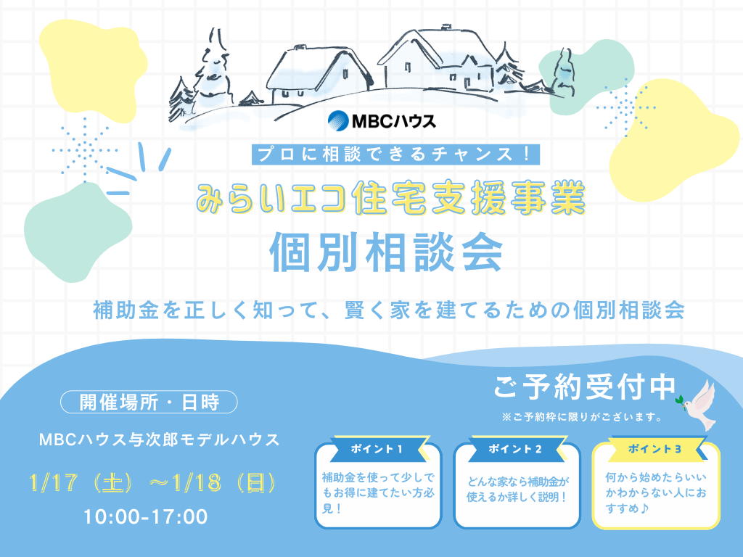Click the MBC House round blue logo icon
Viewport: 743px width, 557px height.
click(338, 121)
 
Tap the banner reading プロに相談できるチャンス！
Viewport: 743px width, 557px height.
click(395, 154)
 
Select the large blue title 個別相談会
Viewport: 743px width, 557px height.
click(386, 252)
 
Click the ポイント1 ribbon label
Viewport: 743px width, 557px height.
click(377, 448)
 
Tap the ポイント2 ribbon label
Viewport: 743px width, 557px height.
click(515, 448)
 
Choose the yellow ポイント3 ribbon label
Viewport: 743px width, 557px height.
click(655, 448)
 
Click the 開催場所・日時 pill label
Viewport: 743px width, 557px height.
click(149, 402)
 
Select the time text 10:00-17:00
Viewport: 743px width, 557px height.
click(146, 516)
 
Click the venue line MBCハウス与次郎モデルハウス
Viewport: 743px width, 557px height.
click(159, 440)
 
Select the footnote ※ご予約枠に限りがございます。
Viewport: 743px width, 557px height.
click(582, 417)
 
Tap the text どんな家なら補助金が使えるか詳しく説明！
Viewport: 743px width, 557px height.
click(517, 490)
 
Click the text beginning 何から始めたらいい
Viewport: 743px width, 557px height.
click(656, 492)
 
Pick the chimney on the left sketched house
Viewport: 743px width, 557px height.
click(300, 47)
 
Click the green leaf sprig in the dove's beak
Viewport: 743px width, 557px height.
click(681, 400)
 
